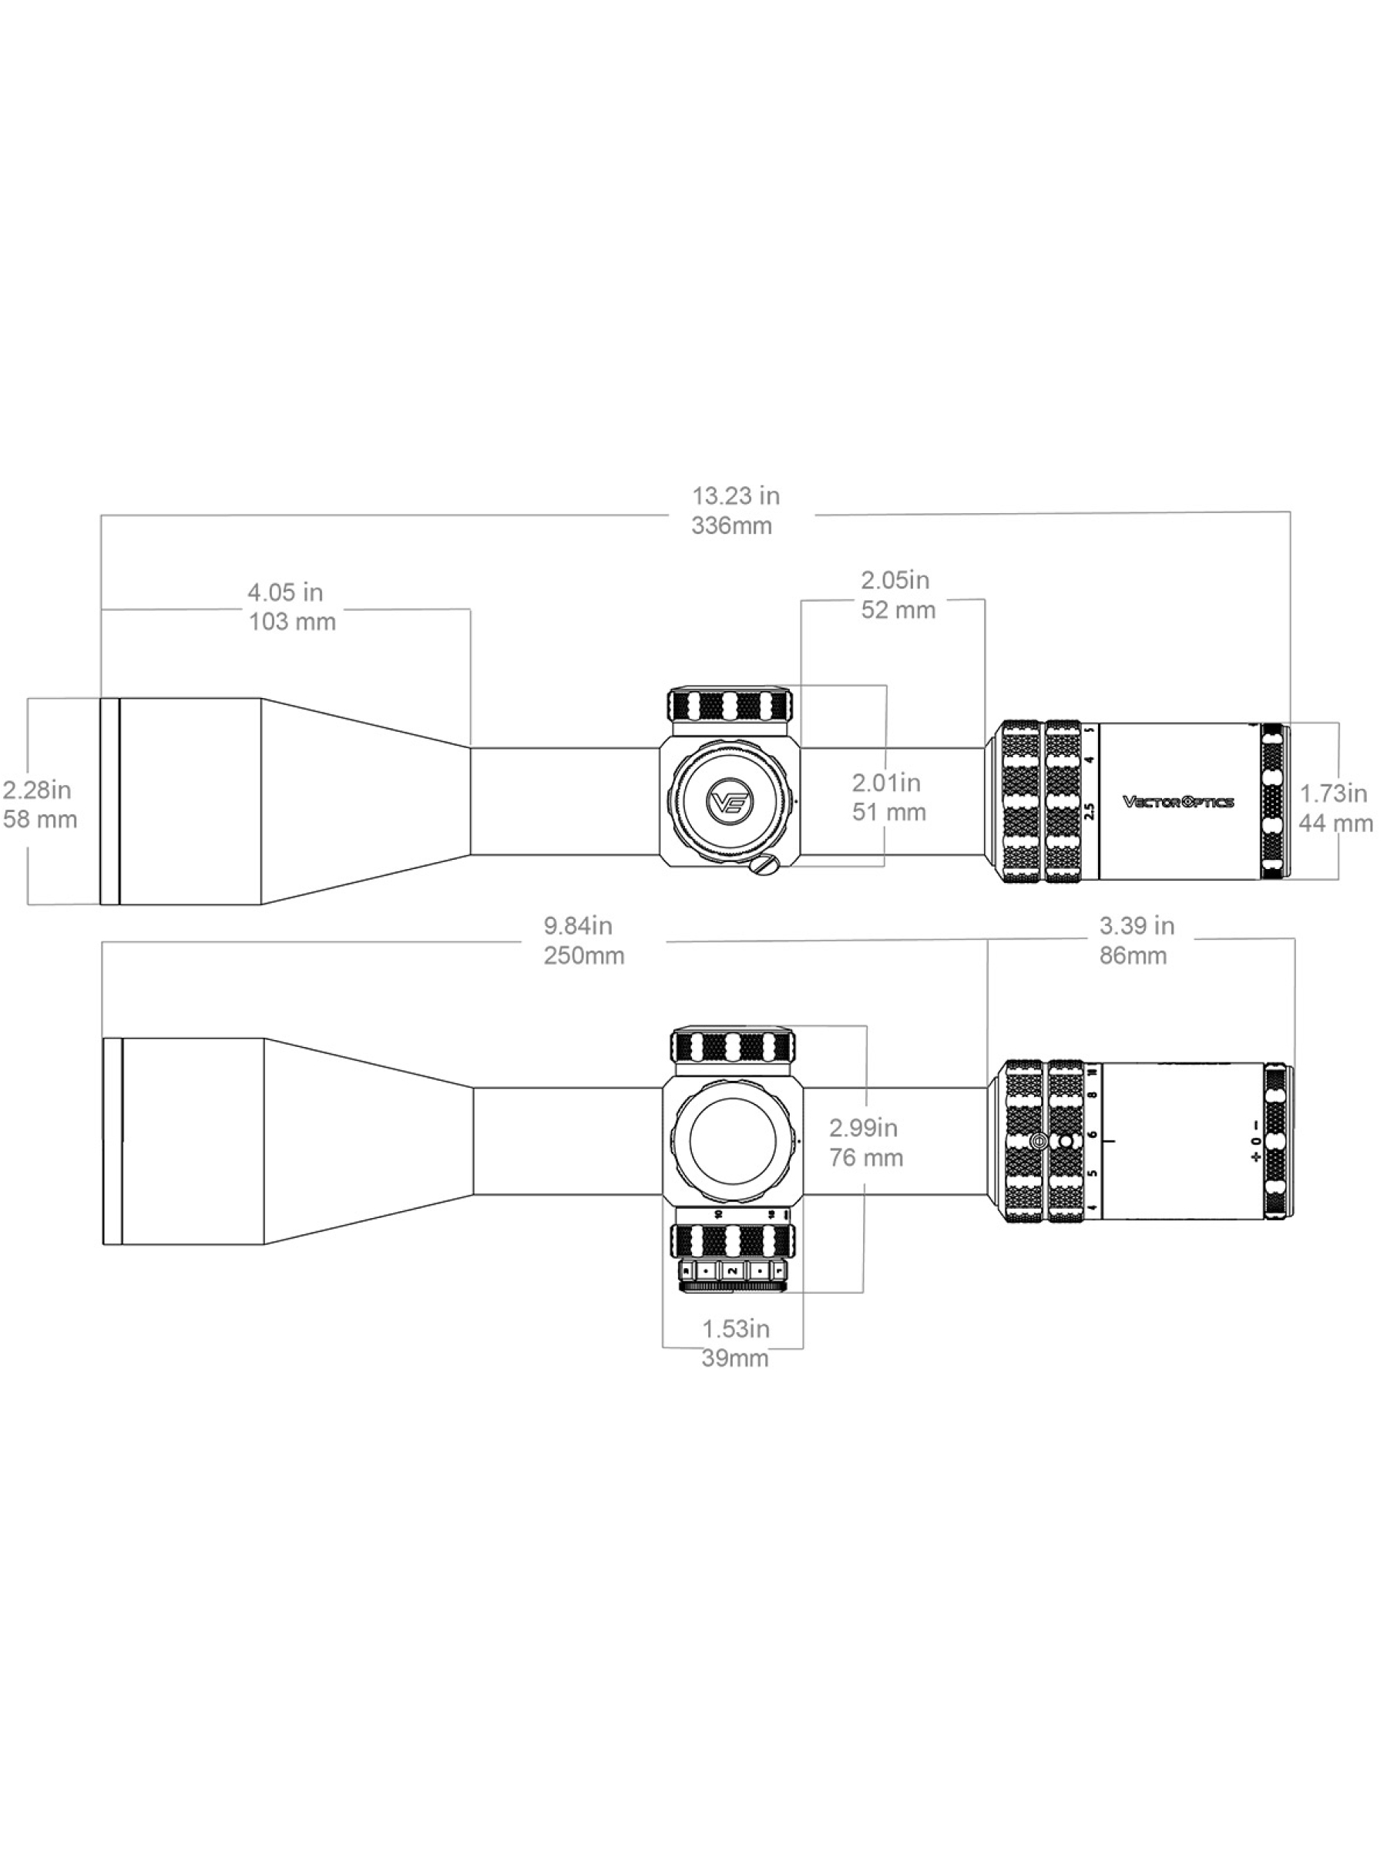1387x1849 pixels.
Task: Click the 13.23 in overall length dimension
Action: (x=735, y=495)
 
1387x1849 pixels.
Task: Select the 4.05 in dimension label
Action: (x=284, y=592)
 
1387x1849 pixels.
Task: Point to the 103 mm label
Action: (x=292, y=622)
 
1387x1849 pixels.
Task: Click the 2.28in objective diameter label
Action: (x=37, y=790)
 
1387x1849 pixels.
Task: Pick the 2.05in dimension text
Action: (x=895, y=580)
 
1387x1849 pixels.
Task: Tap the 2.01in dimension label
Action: (x=885, y=784)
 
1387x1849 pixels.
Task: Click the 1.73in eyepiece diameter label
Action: (x=1332, y=794)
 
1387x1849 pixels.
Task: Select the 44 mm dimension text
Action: (x=1335, y=824)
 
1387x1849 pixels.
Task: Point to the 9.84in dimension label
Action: (x=578, y=926)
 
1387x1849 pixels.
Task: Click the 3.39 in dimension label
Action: (x=1137, y=926)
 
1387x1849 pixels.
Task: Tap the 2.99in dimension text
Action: (x=863, y=1129)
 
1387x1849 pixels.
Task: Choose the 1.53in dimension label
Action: (x=736, y=1329)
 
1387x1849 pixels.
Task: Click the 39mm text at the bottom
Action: (x=735, y=1358)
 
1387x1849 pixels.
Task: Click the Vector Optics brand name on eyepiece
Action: (x=1177, y=803)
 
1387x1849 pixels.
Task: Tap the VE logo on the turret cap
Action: (x=730, y=803)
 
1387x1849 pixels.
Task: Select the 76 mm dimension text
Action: (x=866, y=1159)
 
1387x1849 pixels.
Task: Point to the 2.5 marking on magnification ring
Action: (x=1089, y=810)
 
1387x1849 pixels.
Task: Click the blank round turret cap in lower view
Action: (x=731, y=1141)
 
